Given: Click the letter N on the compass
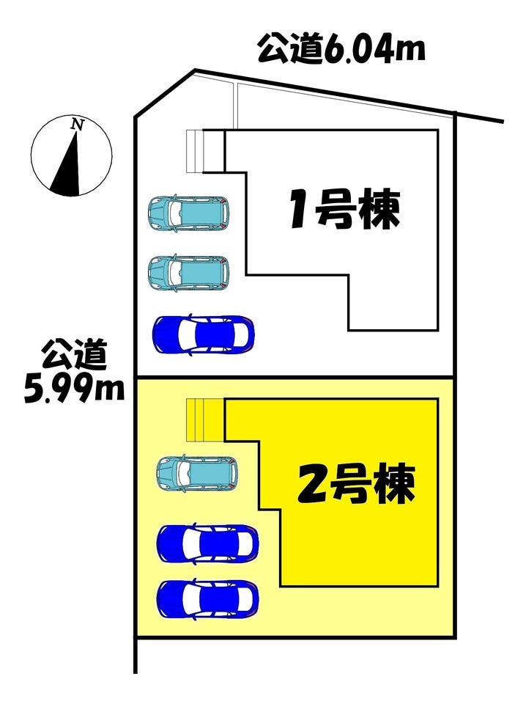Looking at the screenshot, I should [x=76, y=125].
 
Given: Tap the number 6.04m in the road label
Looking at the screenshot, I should [x=374, y=50].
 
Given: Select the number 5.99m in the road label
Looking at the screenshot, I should [x=73, y=391].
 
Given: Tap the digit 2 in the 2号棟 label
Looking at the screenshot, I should [x=311, y=485].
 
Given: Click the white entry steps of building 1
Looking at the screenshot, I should [x=194, y=151].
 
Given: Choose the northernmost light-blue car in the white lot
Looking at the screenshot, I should [x=188, y=213].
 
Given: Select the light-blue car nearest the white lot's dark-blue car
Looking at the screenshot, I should [x=188, y=272].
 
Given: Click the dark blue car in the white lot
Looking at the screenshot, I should [x=203, y=334].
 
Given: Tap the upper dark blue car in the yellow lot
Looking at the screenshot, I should [x=207, y=543].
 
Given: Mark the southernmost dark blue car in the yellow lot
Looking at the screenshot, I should [x=207, y=598].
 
